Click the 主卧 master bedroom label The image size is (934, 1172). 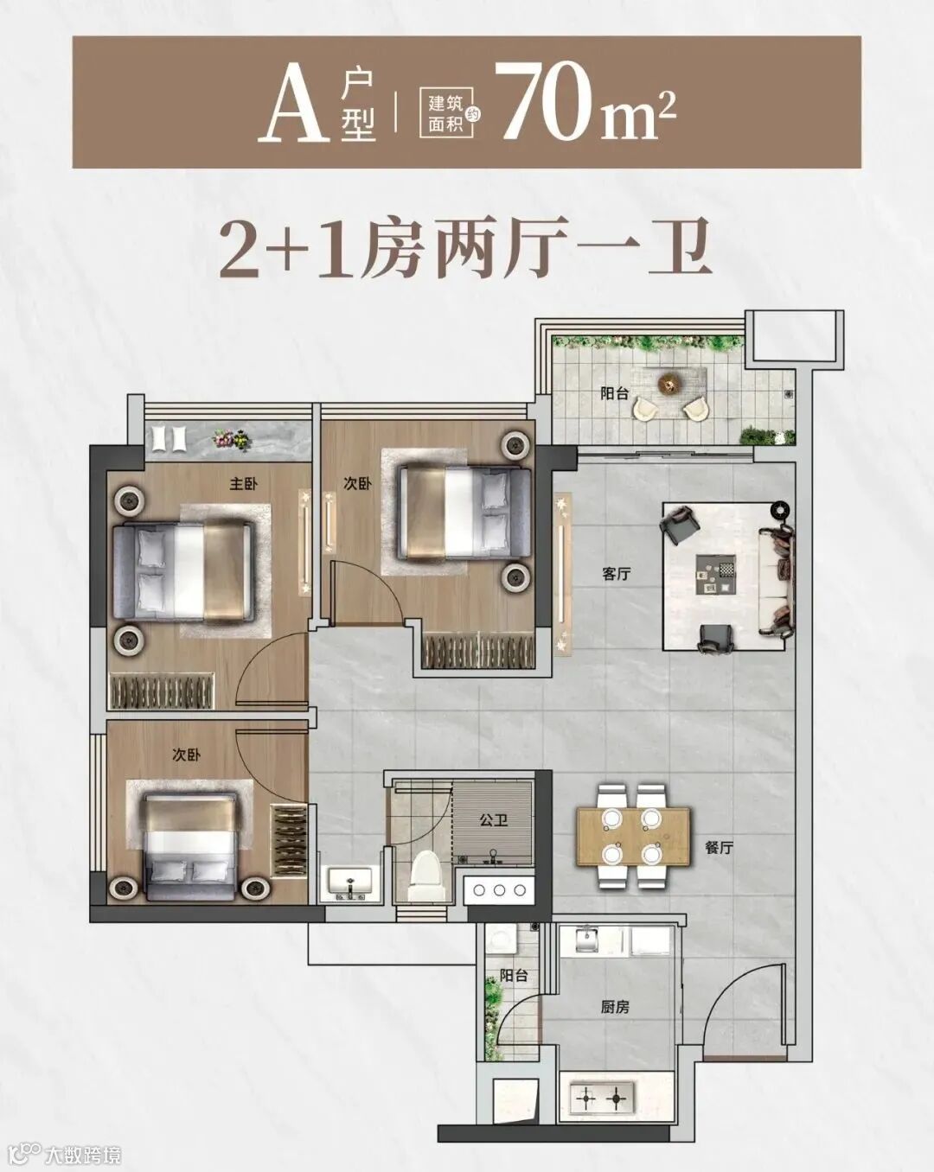243,484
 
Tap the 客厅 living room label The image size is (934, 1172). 617,574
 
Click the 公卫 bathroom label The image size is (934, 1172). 494,820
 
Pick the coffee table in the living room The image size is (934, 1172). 716,575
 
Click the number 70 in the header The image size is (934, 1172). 551,102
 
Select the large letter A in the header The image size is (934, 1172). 295,105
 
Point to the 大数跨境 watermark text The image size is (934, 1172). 83,1154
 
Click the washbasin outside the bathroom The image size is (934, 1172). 350,882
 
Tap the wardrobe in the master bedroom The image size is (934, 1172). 162,691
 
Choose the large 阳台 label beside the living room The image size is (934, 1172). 615,393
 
